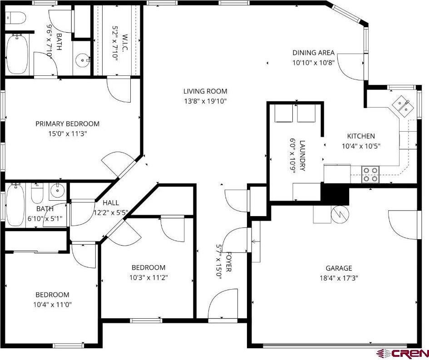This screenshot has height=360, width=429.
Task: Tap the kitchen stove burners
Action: (370, 174)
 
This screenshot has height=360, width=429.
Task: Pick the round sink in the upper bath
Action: (82, 59)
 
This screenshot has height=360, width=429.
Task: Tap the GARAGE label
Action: (339, 268)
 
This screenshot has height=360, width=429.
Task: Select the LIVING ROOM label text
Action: (205, 91)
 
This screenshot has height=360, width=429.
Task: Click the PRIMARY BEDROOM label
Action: (68, 124)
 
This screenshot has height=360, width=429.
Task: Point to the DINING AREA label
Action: (314, 53)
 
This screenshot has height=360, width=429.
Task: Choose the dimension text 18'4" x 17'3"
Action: (339, 278)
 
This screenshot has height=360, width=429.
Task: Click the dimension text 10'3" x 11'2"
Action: (148, 277)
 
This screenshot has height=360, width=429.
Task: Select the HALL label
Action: (111, 203)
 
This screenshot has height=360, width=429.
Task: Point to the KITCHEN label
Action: (361, 136)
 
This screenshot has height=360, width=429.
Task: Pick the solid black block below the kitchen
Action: (335, 194)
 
